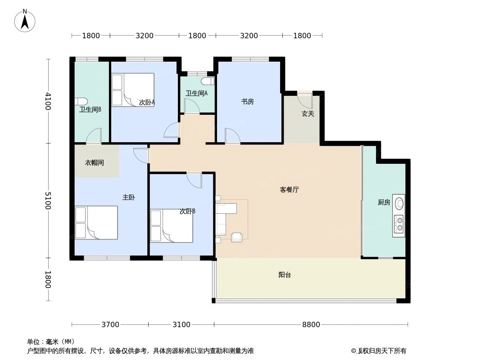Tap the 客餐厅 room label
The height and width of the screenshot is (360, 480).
click(289, 189)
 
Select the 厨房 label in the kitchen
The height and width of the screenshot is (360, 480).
click(384, 202)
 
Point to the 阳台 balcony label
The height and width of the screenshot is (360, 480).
click(285, 274)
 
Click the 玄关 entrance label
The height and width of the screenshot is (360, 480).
click(308, 114)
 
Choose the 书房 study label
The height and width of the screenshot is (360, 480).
click(247, 102)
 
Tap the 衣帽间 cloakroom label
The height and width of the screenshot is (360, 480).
click(94, 162)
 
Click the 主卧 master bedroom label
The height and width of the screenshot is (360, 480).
click(128, 197)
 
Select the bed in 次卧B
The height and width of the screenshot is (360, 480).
click(171, 225)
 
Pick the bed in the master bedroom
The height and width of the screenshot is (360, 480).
click(96, 222)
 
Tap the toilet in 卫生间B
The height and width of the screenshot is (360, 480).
click(82, 102)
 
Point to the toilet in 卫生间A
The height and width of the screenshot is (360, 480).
click(207, 81)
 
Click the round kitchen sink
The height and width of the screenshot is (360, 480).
click(399, 203)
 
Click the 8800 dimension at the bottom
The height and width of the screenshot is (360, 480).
click(311, 324)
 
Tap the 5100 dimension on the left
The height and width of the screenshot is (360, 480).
click(48, 201)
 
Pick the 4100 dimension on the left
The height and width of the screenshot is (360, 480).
click(48, 101)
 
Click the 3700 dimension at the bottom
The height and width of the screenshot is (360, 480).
click(110, 324)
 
